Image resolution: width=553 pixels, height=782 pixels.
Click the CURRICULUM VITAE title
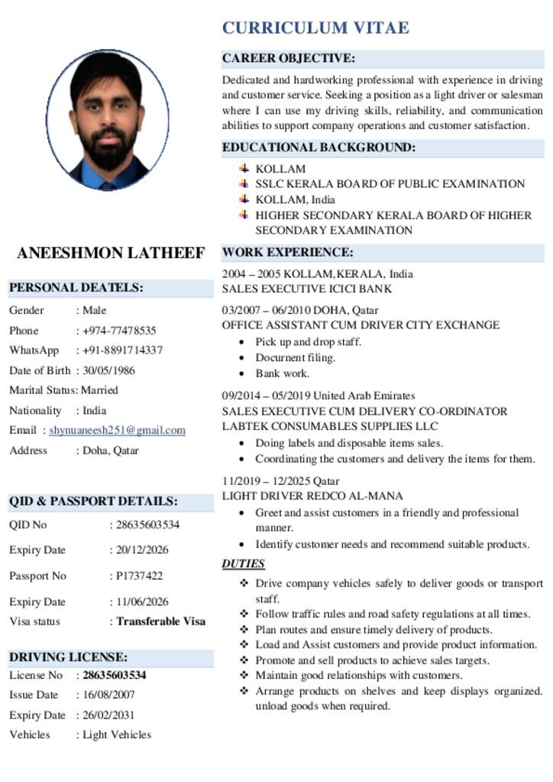(x=315, y=28)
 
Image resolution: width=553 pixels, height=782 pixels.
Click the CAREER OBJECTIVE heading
(x=289, y=58)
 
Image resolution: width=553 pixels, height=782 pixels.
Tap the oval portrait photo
(x=108, y=120)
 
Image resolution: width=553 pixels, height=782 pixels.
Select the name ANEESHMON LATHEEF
(x=111, y=253)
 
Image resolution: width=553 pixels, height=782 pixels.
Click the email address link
(x=117, y=430)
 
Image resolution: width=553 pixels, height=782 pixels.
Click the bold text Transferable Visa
(x=160, y=621)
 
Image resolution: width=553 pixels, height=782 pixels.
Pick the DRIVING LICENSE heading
(x=68, y=657)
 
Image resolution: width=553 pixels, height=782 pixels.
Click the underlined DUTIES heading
(x=244, y=564)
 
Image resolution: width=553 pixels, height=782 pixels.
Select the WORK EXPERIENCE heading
(x=288, y=252)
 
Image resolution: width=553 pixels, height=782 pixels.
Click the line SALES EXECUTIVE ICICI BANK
(x=307, y=289)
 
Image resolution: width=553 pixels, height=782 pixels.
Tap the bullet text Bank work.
(x=282, y=373)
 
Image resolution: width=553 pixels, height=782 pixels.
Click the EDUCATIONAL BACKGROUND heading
(x=319, y=147)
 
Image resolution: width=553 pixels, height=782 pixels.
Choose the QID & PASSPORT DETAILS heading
(x=93, y=502)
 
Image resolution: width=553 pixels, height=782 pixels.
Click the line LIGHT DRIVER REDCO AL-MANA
(x=312, y=496)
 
